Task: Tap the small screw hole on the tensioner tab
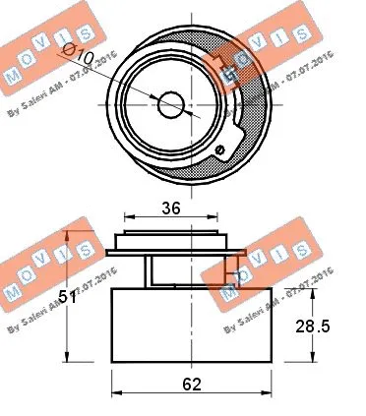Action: tap(222, 149)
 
